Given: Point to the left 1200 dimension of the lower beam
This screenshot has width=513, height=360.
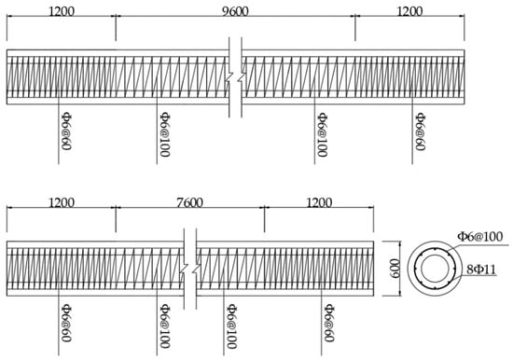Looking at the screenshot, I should click(x=61, y=200).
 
